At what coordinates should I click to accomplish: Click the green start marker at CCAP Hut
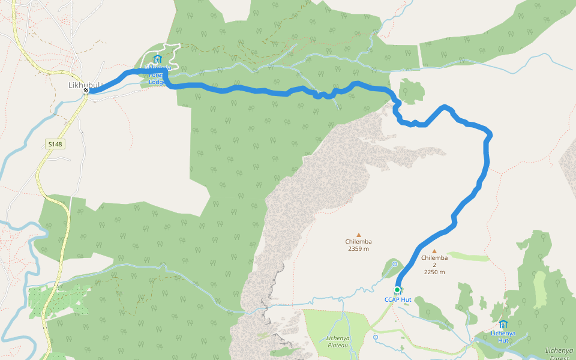click(x=397, y=290)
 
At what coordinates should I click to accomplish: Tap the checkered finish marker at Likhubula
click(x=86, y=91)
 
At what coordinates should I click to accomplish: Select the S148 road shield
click(x=55, y=144)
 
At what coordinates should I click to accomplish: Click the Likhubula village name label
click(x=85, y=85)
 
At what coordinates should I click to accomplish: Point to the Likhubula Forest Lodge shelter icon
click(x=158, y=59)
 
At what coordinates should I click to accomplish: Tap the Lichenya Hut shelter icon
click(x=503, y=324)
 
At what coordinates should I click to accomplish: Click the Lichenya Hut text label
click(x=503, y=336)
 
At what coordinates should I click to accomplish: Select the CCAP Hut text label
click(x=398, y=299)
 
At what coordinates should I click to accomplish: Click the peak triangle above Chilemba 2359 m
click(x=359, y=235)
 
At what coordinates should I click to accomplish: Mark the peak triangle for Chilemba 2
click(x=434, y=251)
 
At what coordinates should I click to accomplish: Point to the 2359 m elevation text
click(x=358, y=248)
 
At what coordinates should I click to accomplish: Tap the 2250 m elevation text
click(x=434, y=272)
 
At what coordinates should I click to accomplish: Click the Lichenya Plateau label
click(x=338, y=341)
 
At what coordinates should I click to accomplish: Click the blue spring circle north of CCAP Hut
click(x=394, y=264)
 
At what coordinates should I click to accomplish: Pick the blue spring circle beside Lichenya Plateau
click(x=376, y=337)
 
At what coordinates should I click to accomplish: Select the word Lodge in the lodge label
click(x=157, y=82)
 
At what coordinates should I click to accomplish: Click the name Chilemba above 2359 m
click(x=358, y=242)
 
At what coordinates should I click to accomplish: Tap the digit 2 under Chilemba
click(x=434, y=265)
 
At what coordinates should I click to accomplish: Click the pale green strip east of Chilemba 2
click(x=469, y=257)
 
